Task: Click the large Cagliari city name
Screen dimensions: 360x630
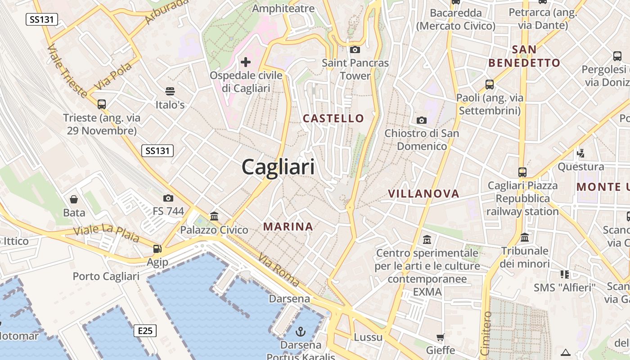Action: (x=278, y=167)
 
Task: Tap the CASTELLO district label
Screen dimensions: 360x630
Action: (x=333, y=118)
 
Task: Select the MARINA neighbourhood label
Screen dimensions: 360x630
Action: (x=288, y=226)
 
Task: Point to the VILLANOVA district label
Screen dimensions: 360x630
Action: (x=423, y=193)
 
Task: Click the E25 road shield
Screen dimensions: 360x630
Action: (x=145, y=331)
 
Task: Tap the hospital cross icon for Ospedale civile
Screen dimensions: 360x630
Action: (x=246, y=62)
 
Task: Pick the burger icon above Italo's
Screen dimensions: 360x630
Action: (x=170, y=91)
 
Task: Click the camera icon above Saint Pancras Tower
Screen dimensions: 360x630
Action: (x=355, y=49)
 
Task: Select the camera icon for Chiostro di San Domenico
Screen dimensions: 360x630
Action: (x=421, y=120)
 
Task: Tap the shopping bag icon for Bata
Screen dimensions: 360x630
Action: (x=74, y=199)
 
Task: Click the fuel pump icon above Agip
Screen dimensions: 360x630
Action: (x=157, y=248)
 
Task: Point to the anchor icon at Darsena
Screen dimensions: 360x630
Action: (x=301, y=332)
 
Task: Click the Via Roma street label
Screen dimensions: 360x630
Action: (x=279, y=270)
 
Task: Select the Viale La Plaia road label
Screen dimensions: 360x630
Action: (x=106, y=234)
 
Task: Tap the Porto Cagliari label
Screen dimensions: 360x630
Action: (x=106, y=276)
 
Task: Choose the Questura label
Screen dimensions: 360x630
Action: (x=580, y=167)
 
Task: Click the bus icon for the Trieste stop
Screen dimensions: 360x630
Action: (x=102, y=104)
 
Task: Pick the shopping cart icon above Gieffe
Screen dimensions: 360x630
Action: (x=440, y=337)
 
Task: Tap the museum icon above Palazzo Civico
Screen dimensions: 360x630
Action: (x=214, y=216)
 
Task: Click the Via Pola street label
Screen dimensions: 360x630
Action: (x=113, y=76)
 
